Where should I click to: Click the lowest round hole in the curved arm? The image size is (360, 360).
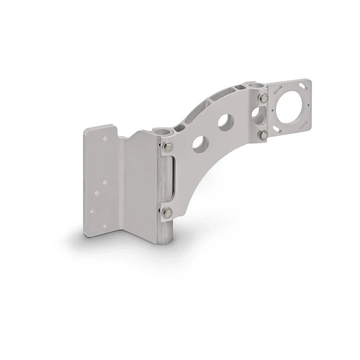(197, 144)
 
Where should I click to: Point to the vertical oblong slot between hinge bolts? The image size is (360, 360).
(173, 179)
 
